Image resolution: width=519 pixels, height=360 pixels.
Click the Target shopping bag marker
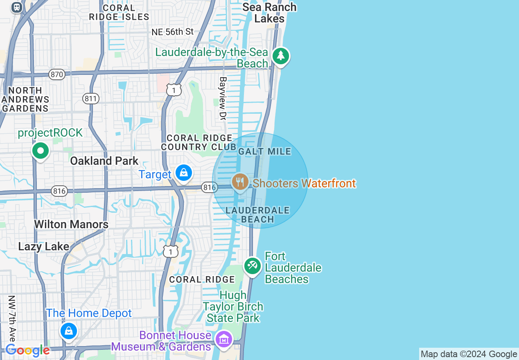184,173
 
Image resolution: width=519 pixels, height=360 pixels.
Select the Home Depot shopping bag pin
68,331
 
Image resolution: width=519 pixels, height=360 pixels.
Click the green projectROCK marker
41,151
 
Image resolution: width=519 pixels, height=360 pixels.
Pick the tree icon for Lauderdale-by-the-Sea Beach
280,56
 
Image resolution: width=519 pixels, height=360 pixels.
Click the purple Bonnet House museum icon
224,339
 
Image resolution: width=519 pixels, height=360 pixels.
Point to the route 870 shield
57,74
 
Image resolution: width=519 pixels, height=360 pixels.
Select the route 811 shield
90,98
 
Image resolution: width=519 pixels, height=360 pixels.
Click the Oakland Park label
104,161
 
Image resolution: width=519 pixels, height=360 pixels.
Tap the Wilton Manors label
71,224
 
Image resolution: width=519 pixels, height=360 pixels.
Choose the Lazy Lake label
44,246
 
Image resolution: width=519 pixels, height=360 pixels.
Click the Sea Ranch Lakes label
269,13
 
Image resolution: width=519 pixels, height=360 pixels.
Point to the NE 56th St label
172,32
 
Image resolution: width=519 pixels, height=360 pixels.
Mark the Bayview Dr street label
223,98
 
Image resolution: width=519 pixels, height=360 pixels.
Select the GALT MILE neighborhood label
264,151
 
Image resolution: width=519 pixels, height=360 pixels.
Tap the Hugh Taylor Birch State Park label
233,306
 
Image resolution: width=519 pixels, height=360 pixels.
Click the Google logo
27,350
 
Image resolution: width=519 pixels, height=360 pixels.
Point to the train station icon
17,7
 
